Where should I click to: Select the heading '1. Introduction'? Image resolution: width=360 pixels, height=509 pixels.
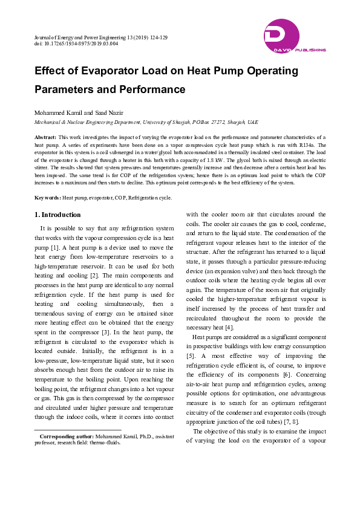(57, 215)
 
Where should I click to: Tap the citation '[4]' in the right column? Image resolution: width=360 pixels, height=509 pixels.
(229, 328)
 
